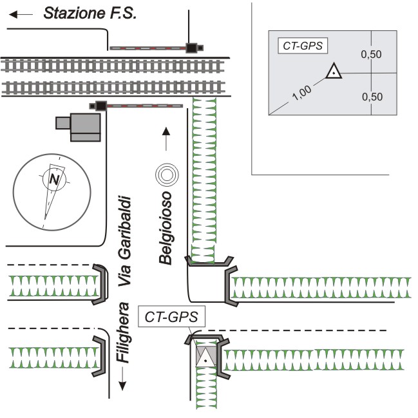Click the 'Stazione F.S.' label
(90, 13)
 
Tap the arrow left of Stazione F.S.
(21, 14)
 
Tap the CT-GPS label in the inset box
(303, 46)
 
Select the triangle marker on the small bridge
(205, 356)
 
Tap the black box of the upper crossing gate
(191, 47)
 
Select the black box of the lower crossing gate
(100, 106)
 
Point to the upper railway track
(116, 65)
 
